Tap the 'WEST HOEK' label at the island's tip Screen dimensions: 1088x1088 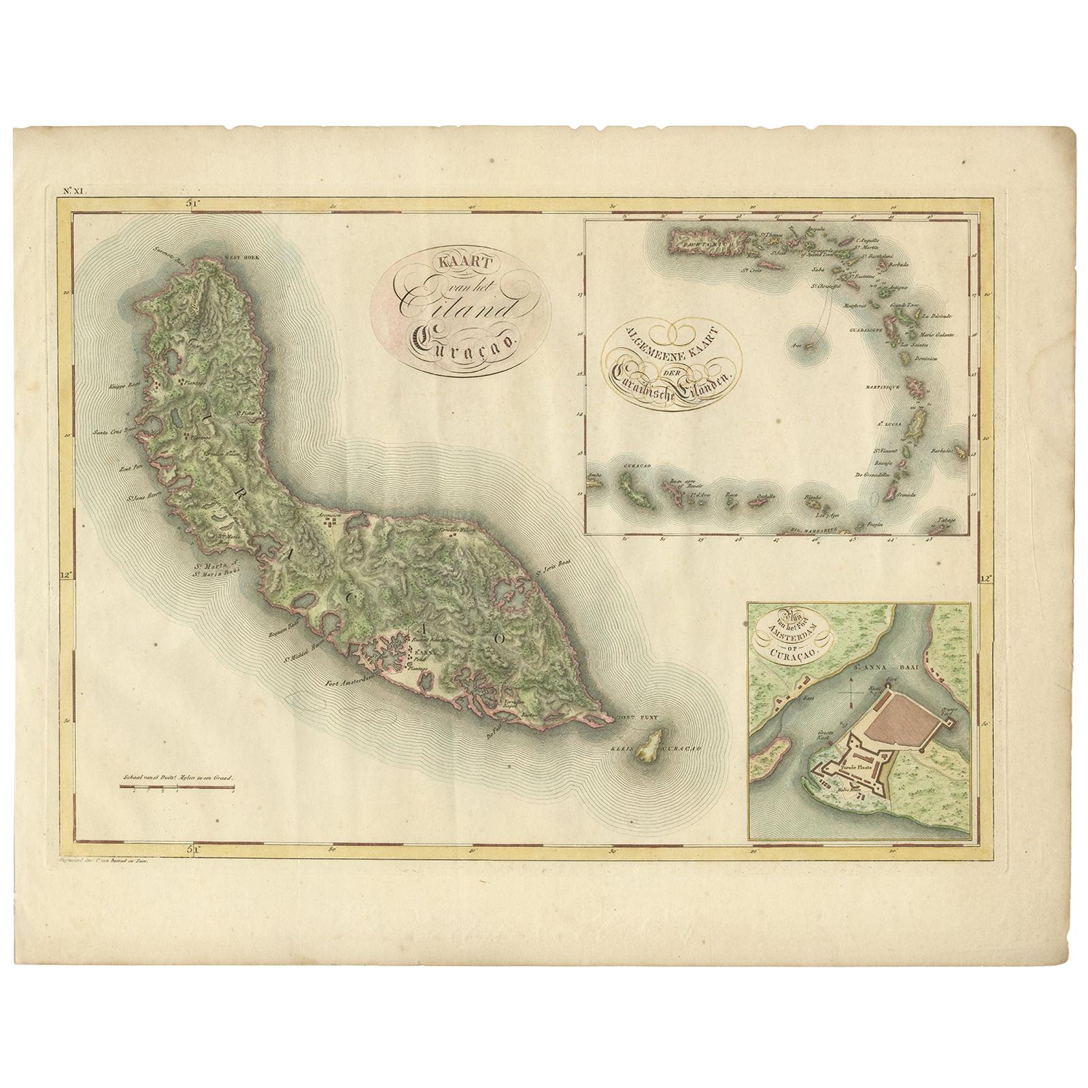click(236, 260)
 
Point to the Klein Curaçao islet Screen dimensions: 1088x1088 click(651, 746)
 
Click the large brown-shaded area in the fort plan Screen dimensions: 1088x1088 click(904, 714)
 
